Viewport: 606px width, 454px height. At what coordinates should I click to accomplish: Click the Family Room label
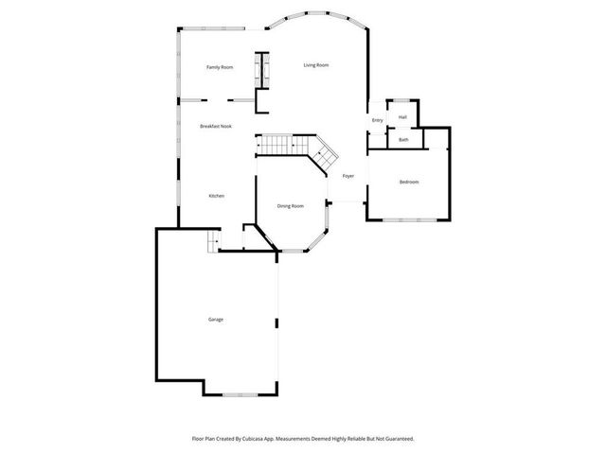(x=220, y=67)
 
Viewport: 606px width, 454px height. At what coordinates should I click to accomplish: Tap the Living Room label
(x=315, y=65)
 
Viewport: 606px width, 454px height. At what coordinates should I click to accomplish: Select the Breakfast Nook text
(x=215, y=126)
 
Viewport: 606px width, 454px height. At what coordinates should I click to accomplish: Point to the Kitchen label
(x=216, y=196)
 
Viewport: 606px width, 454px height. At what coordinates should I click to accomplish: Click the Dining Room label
(x=290, y=205)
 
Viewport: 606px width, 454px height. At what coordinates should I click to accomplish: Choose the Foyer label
(x=348, y=176)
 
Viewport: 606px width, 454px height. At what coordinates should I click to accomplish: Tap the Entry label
(x=377, y=120)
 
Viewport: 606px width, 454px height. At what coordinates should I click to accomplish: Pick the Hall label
(x=402, y=117)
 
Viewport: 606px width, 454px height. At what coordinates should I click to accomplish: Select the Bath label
(x=403, y=140)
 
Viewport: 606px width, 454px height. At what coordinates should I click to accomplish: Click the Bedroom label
(x=408, y=182)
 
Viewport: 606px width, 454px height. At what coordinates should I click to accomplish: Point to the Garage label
(x=216, y=320)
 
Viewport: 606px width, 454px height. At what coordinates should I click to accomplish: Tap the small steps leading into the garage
(x=213, y=243)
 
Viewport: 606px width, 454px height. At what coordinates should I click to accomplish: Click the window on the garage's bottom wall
(x=239, y=393)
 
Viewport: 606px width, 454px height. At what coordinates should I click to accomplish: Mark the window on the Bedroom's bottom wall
(x=409, y=220)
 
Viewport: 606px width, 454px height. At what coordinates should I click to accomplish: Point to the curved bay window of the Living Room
(x=316, y=16)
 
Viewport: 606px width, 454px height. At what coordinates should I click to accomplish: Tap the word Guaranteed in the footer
(x=394, y=439)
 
